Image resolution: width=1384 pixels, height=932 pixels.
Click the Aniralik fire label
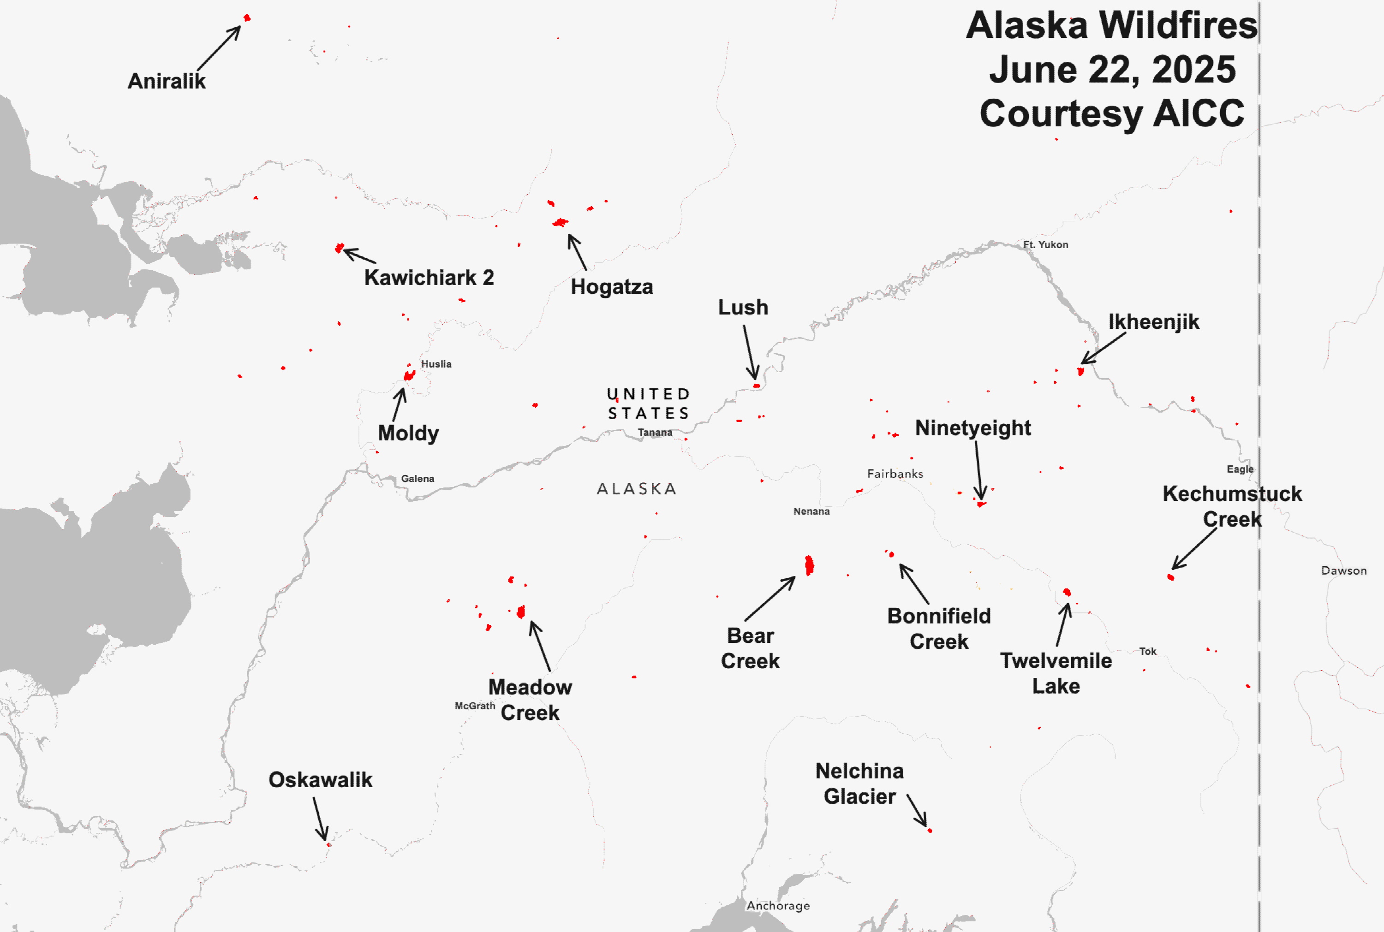tap(167, 81)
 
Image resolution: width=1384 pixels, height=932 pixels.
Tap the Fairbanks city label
tap(895, 474)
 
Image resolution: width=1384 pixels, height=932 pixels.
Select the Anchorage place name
tap(778, 905)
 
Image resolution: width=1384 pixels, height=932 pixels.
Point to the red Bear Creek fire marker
tap(809, 565)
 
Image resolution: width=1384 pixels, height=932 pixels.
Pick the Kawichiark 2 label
tap(429, 278)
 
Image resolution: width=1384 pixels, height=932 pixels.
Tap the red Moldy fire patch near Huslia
tap(409, 375)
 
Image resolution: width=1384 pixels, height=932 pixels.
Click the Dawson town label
tap(1343, 570)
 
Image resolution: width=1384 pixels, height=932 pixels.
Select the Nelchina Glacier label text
tap(859, 784)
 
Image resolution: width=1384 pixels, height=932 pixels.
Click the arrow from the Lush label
tap(750, 352)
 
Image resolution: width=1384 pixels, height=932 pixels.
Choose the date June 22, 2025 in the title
tap(1112, 70)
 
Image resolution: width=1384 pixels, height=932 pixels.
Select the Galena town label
tap(418, 479)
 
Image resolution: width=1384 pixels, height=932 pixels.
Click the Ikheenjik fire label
tap(1153, 321)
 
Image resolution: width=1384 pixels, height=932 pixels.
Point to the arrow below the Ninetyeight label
tap(978, 469)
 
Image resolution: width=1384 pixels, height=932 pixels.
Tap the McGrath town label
tap(474, 706)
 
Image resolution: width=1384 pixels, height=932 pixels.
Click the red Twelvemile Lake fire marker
tap(1067, 592)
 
